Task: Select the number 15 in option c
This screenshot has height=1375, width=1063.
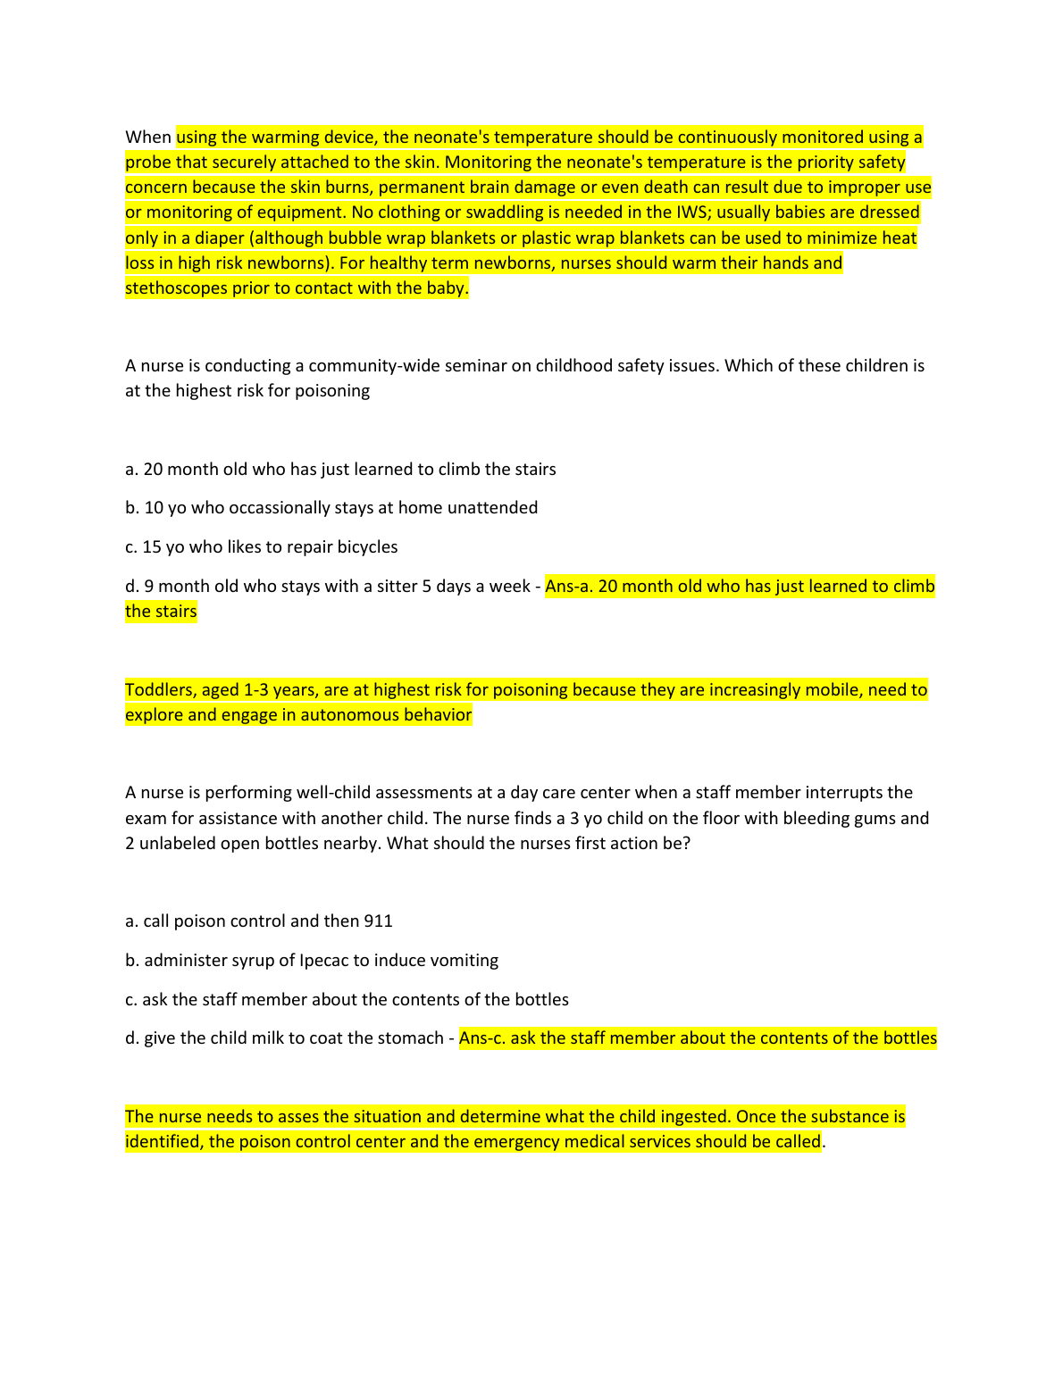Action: tap(152, 547)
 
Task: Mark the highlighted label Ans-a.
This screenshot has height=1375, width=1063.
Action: tap(569, 587)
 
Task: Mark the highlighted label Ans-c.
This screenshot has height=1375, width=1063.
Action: tap(482, 1038)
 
